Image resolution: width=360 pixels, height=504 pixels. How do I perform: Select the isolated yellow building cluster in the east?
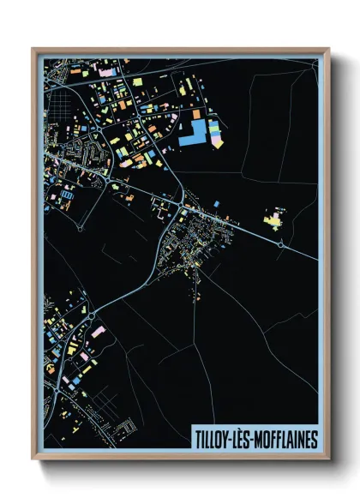[x=275, y=221]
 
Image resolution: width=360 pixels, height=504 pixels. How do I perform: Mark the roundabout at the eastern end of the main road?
[x=282, y=245]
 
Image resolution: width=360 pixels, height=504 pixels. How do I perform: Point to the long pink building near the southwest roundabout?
[x=97, y=330]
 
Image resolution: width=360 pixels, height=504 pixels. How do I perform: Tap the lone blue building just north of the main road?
[x=216, y=203]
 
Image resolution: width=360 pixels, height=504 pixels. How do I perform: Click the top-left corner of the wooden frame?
[x=33, y=49]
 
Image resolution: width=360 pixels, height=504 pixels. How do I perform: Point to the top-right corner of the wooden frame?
[x=328, y=49]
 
